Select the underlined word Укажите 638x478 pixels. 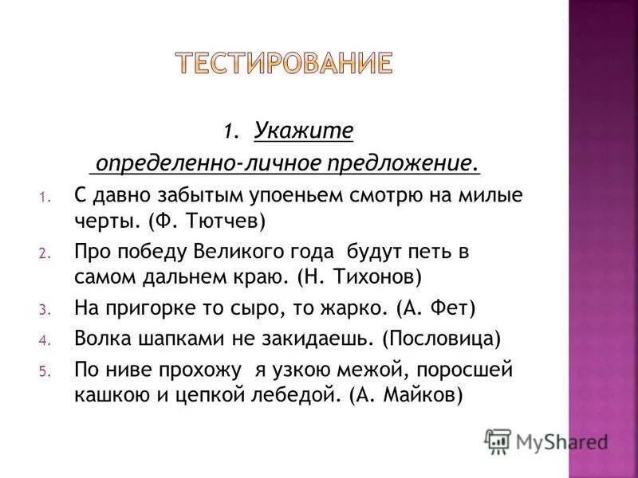304,130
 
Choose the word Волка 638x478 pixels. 100,339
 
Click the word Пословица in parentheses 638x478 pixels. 441,339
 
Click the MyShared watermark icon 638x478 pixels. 497,441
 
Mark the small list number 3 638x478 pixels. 45,309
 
